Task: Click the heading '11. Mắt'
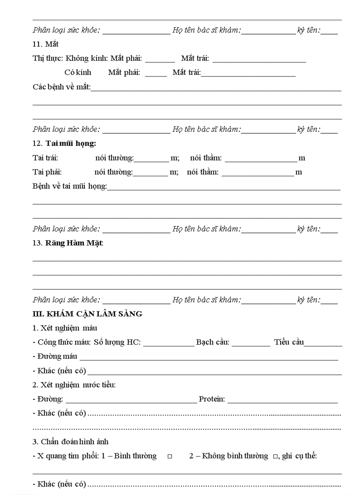click(x=45, y=44)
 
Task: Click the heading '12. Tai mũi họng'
click(x=64, y=143)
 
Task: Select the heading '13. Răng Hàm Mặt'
click(x=68, y=243)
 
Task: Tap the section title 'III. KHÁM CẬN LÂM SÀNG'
click(x=87, y=314)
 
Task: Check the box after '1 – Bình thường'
click(x=169, y=457)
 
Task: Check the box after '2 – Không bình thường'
click(x=275, y=457)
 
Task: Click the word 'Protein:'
click(x=212, y=399)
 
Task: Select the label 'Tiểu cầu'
click(x=289, y=342)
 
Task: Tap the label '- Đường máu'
click(x=55, y=356)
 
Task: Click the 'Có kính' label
click(x=78, y=72)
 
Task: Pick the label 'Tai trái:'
click(x=45, y=158)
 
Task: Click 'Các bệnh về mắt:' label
click(x=61, y=86)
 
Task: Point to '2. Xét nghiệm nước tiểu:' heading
click(x=74, y=385)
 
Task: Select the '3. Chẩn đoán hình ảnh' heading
click(x=70, y=442)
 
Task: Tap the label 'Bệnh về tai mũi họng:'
click(x=70, y=186)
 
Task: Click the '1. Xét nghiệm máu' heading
click(x=64, y=328)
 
